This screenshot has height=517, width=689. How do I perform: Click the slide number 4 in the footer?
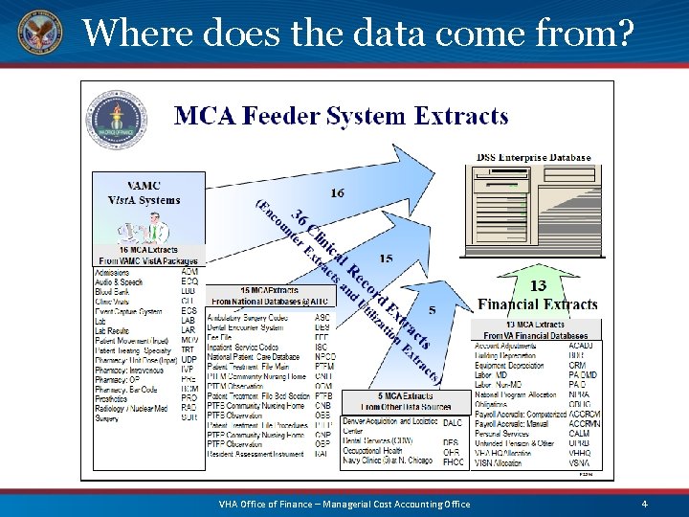(x=645, y=504)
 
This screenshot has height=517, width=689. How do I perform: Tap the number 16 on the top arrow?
(x=338, y=192)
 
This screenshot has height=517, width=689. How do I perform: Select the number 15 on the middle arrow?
(x=386, y=258)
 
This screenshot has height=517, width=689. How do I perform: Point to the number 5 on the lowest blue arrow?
(x=433, y=309)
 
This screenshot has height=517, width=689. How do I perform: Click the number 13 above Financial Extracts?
(x=538, y=285)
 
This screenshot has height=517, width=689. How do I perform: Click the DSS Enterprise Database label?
(x=533, y=157)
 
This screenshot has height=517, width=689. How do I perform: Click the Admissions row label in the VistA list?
(x=114, y=271)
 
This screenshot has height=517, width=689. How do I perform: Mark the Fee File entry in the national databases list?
(x=221, y=337)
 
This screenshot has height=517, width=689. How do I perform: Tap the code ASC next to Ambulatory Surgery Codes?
(x=323, y=317)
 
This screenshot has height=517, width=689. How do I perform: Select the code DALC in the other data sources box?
(x=453, y=422)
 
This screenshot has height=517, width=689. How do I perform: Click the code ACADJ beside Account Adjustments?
(x=581, y=346)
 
